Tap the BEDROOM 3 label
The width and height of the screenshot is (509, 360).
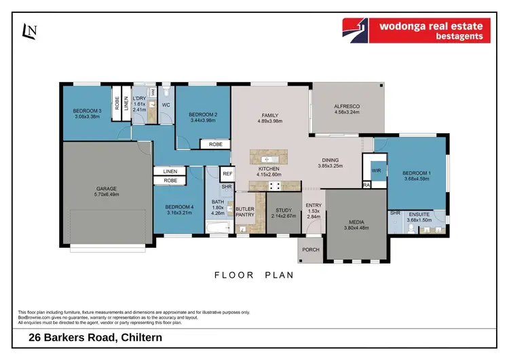pyautogui.click(x=88, y=111)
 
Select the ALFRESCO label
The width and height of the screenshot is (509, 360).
pyautogui.click(x=346, y=107)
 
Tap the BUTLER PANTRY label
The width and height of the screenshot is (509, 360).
pyautogui.click(x=244, y=211)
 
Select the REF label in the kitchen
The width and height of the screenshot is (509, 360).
pyautogui.click(x=227, y=174)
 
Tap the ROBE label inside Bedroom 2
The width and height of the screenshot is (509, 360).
pyautogui.click(x=215, y=144)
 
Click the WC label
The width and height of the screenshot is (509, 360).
pyautogui.click(x=165, y=105)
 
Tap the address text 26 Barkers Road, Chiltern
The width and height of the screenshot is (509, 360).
pyautogui.click(x=95, y=338)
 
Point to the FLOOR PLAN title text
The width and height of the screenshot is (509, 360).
pyautogui.click(x=254, y=275)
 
